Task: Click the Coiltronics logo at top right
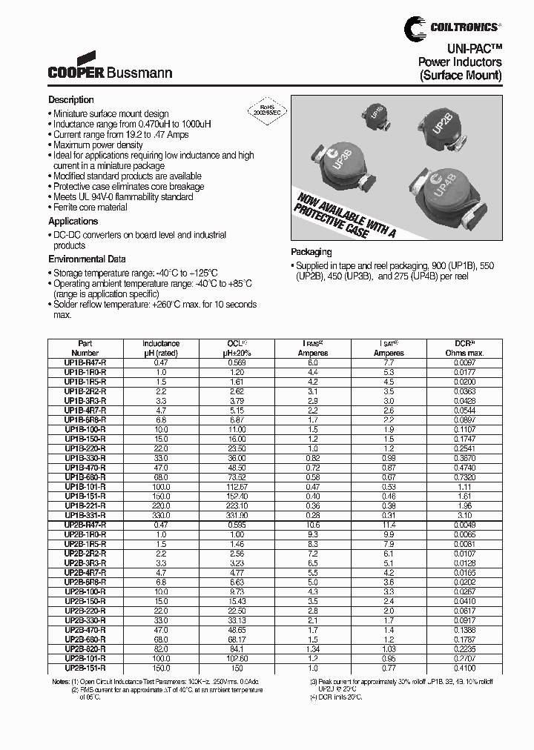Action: point(452,27)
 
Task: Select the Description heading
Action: point(71,100)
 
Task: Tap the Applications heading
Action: point(73,222)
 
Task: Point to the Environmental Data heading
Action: point(87,259)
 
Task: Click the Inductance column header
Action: point(161,348)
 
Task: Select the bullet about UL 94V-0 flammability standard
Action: point(123,197)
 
